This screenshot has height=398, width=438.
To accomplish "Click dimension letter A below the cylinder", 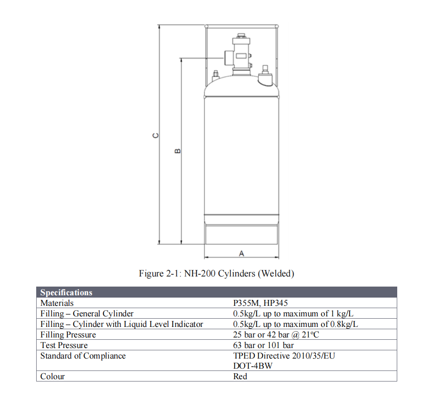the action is click(241, 254).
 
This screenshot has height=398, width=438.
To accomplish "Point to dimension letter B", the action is click(178, 151).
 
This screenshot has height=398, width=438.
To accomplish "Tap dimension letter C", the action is click(156, 136).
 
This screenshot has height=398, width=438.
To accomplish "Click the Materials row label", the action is click(57, 303).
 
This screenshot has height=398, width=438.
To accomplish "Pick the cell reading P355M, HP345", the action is click(260, 303).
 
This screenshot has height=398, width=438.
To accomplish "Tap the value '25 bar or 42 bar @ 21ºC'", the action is click(276, 335).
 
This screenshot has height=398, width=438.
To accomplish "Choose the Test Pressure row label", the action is click(64, 345).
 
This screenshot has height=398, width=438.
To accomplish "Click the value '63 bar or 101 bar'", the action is click(263, 345).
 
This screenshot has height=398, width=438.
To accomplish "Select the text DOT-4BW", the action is click(253, 366).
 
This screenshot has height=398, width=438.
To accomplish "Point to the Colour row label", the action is click(53, 376).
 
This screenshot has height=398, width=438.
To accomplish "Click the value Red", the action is click(240, 376).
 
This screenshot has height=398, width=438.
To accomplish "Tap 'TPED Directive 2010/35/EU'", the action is click(284, 356).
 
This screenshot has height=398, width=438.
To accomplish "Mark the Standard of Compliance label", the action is click(83, 356).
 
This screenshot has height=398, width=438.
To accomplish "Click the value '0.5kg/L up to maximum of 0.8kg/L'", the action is click(296, 324).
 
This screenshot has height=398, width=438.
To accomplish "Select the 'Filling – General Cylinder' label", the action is click(87, 314).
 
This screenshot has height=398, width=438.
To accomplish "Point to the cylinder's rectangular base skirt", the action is click(241, 233).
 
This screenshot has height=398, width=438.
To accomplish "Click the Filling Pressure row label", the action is click(68, 335).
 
